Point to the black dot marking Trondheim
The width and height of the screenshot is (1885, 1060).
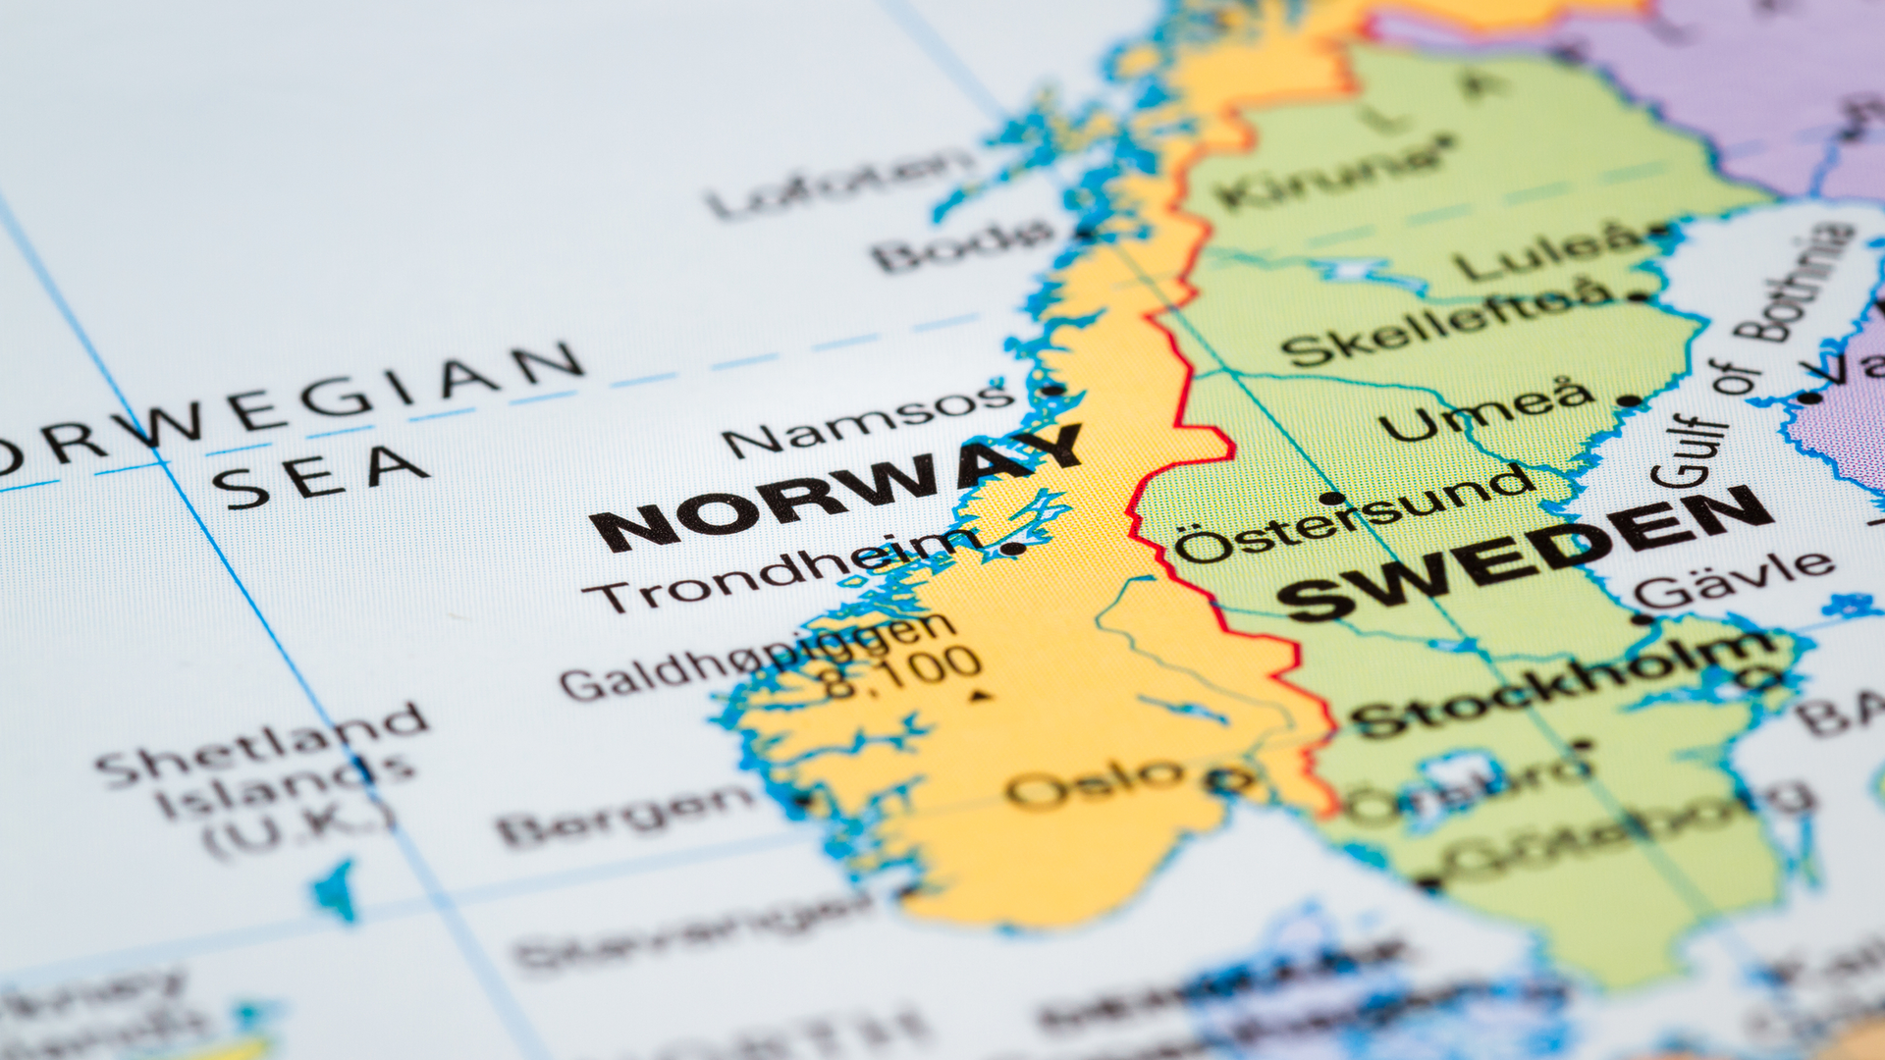(x=1011, y=549)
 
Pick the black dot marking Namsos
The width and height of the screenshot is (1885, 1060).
(x=1051, y=390)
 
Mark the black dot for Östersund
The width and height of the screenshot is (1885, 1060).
(x=1331, y=498)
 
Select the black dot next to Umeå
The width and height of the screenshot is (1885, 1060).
(x=1629, y=400)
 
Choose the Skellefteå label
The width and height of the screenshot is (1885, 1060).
(x=1448, y=320)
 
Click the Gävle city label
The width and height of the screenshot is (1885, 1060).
(x=1734, y=579)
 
